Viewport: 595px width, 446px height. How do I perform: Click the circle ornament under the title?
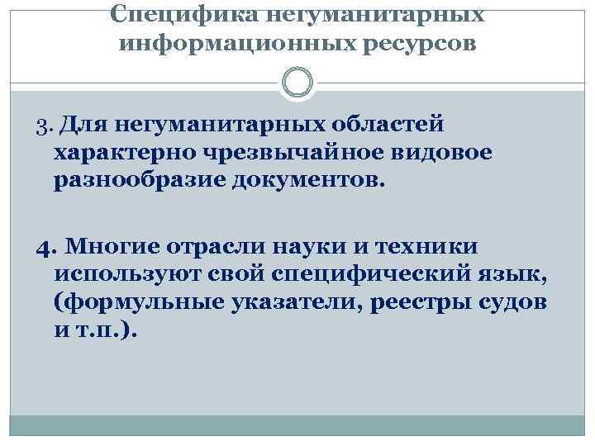click(297, 83)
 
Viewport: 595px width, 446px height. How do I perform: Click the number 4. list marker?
click(46, 247)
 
